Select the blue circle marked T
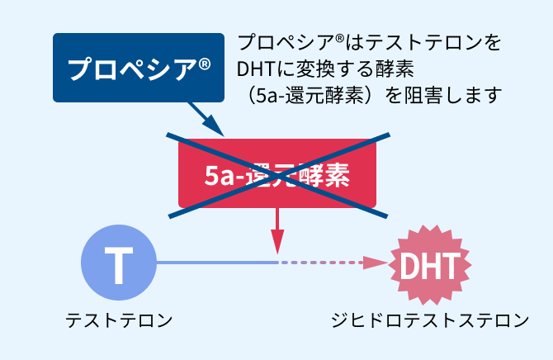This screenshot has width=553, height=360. (118, 263)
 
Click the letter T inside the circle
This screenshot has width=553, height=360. (118, 263)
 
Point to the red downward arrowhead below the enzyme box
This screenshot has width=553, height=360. (277, 244)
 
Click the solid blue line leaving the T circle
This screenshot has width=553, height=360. (215, 263)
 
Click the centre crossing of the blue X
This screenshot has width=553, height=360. (278, 174)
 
